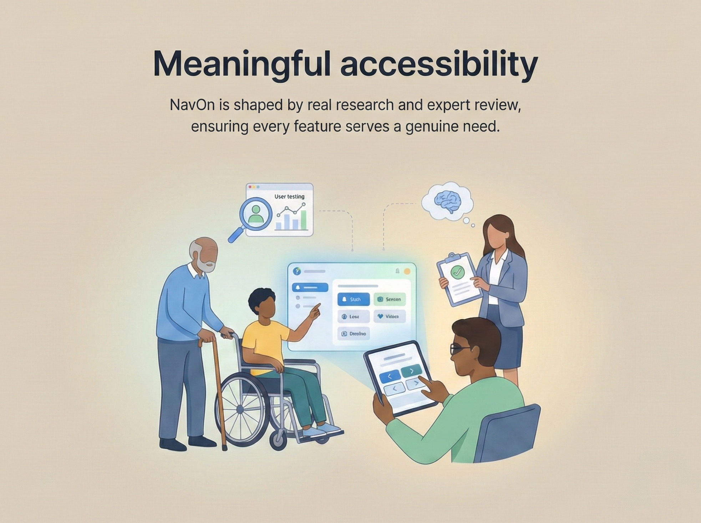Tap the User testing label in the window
[x=289, y=196]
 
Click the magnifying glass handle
[x=236, y=235]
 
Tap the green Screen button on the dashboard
[x=389, y=299]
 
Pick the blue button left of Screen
[x=353, y=299]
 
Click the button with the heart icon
[x=389, y=317]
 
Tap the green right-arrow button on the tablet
[x=411, y=371]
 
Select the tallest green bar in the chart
[x=303, y=220]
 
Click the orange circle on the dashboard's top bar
[x=407, y=272]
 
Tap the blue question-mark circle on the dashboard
[x=297, y=272]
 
